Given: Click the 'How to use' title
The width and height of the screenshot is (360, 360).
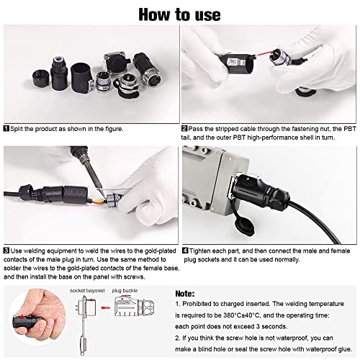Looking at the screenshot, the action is (x=179, y=14).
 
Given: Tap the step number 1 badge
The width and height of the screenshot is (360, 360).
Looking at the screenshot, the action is (x=6, y=128).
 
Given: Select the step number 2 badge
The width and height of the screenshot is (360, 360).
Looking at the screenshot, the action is (x=184, y=128).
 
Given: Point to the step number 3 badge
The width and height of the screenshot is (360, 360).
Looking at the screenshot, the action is (x=6, y=251).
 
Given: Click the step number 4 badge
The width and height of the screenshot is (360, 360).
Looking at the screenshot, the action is (x=185, y=251).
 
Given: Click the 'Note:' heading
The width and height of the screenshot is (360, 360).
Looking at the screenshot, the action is (x=185, y=294).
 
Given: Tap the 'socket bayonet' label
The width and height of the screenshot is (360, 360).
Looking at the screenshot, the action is (x=87, y=291).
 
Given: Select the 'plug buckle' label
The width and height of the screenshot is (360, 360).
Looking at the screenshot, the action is (x=125, y=291).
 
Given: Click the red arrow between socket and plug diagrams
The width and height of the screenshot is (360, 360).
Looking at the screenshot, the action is (x=105, y=307).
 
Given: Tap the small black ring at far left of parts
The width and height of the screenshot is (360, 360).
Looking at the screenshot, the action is (x=41, y=78).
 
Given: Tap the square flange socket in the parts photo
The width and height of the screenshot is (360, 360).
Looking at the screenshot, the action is (x=117, y=62).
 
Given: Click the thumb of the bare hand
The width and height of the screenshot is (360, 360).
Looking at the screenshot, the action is (x=36, y=299).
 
